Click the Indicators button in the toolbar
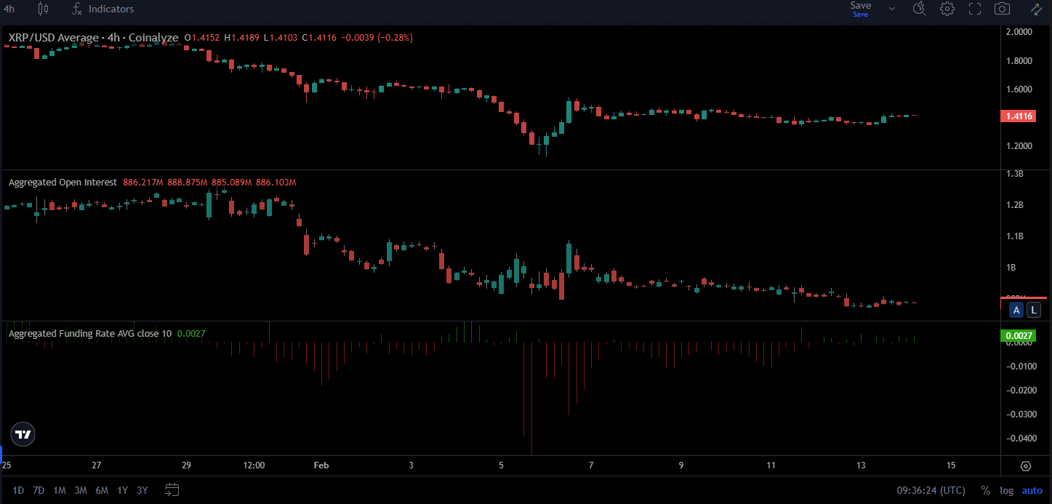tap(103, 9)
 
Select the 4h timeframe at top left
tap(9, 9)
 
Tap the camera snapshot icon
tap(1002, 9)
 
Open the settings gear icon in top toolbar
tap(947, 9)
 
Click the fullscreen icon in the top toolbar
tap(974, 9)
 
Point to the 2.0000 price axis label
tap(1018, 32)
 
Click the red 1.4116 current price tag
tap(1017, 116)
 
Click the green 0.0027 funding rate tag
tap(1017, 335)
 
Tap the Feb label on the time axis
tap(321, 465)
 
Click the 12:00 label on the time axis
tap(254, 465)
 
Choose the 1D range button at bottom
tap(18, 490)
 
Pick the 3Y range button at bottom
tap(142, 490)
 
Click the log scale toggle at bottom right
tap(1006, 490)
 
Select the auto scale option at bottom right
tap(1032, 490)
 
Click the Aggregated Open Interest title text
tap(63, 183)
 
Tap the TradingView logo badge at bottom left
tap(23, 434)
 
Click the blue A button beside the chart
tap(1017, 311)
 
